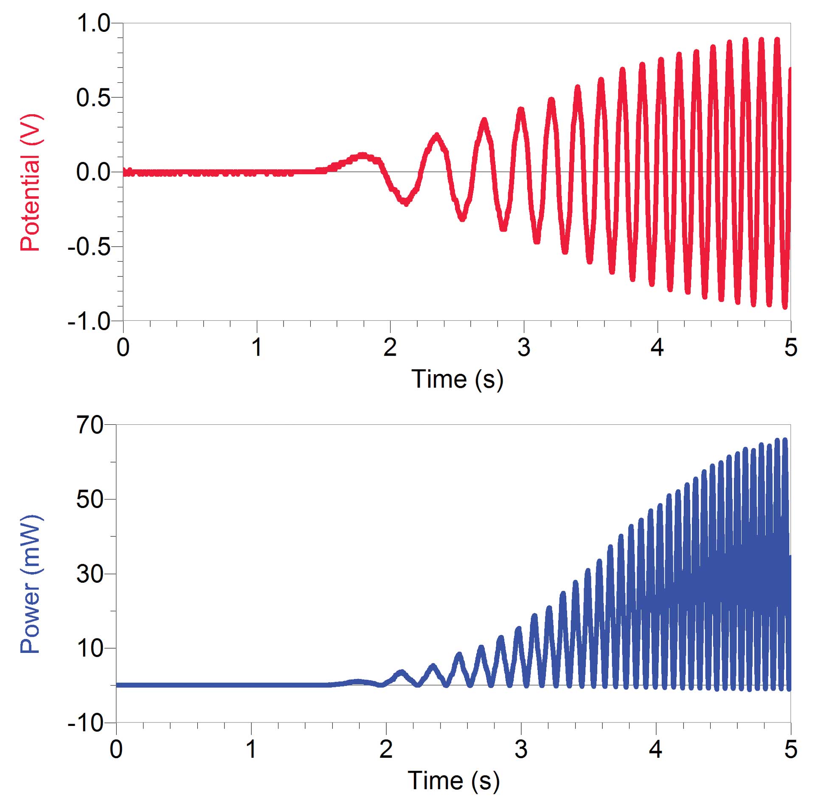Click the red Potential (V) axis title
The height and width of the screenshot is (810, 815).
point(31,183)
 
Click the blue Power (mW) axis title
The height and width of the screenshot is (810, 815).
point(31,584)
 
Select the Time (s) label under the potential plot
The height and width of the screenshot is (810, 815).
point(457,379)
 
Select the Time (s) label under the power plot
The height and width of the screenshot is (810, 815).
point(453,781)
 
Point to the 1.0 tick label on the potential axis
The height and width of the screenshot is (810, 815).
point(93,23)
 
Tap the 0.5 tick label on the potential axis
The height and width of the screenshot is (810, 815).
point(93,98)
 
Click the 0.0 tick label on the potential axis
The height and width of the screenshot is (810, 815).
point(93,172)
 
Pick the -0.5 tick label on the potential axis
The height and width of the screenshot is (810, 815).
point(89,247)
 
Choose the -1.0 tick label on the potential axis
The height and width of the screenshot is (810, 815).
point(89,322)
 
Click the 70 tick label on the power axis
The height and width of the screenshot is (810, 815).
point(90,425)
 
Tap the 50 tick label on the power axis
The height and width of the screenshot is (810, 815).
point(90,499)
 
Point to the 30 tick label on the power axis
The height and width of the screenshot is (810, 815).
point(90,574)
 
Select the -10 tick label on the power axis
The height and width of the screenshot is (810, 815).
point(85,723)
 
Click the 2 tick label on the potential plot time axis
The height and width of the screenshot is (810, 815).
point(390,348)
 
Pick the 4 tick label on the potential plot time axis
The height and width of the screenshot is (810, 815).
point(657,348)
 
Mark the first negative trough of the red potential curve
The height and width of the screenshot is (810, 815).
point(405,201)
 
